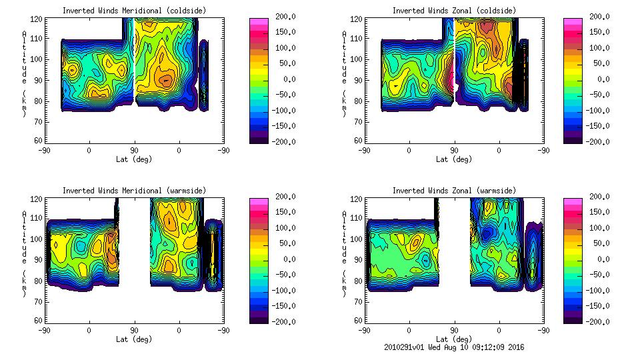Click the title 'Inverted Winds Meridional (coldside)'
(x=134, y=11)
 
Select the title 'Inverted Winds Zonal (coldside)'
(x=454, y=11)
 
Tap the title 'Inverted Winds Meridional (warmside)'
(x=134, y=191)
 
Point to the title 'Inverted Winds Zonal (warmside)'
(x=454, y=191)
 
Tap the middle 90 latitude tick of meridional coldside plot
(x=134, y=151)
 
